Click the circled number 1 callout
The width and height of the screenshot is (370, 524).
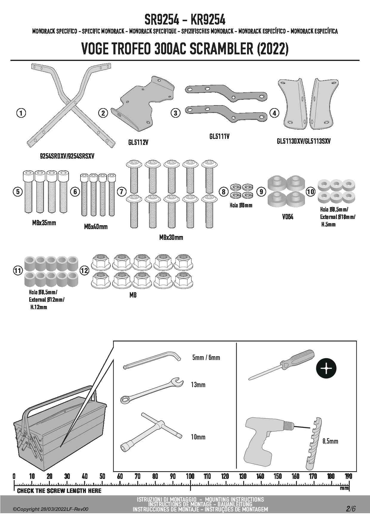click(x=21, y=113)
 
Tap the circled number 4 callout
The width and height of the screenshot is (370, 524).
click(x=274, y=113)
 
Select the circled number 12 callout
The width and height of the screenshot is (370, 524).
click(x=84, y=271)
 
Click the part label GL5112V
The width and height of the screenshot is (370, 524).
click(x=138, y=143)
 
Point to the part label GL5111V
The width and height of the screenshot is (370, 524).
click(x=219, y=137)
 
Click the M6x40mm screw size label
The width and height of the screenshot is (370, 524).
click(x=95, y=227)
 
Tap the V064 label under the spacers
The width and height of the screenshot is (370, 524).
click(x=288, y=217)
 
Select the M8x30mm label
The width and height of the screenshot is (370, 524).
click(x=171, y=238)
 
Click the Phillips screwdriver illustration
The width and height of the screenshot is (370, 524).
click(x=281, y=365)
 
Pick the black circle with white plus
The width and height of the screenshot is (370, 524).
click(x=326, y=369)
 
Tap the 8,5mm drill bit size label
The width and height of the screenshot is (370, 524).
click(x=330, y=441)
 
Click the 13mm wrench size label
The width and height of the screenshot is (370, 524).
click(x=198, y=385)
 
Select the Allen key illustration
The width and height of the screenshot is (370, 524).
click(x=152, y=361)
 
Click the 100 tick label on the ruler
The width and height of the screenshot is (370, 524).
click(x=190, y=476)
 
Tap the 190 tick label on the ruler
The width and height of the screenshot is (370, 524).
click(x=348, y=476)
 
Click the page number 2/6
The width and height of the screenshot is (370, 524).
click(x=351, y=509)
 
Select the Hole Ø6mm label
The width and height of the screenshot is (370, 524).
click(x=241, y=205)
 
